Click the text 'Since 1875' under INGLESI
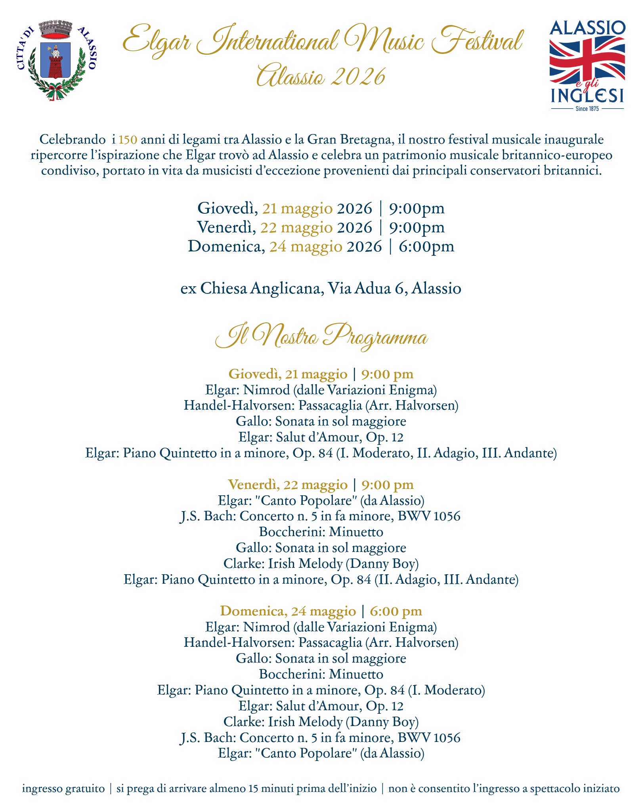[x=587, y=109]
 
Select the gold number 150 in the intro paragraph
[x=128, y=140]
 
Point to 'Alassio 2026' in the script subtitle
[x=321, y=76]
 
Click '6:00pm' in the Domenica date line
[x=426, y=246]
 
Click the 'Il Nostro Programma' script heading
[x=321, y=337]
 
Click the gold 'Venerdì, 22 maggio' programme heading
[x=288, y=485]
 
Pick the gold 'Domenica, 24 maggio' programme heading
[x=288, y=611]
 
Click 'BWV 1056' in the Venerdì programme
[x=429, y=516]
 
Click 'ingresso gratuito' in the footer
[x=63, y=788]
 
